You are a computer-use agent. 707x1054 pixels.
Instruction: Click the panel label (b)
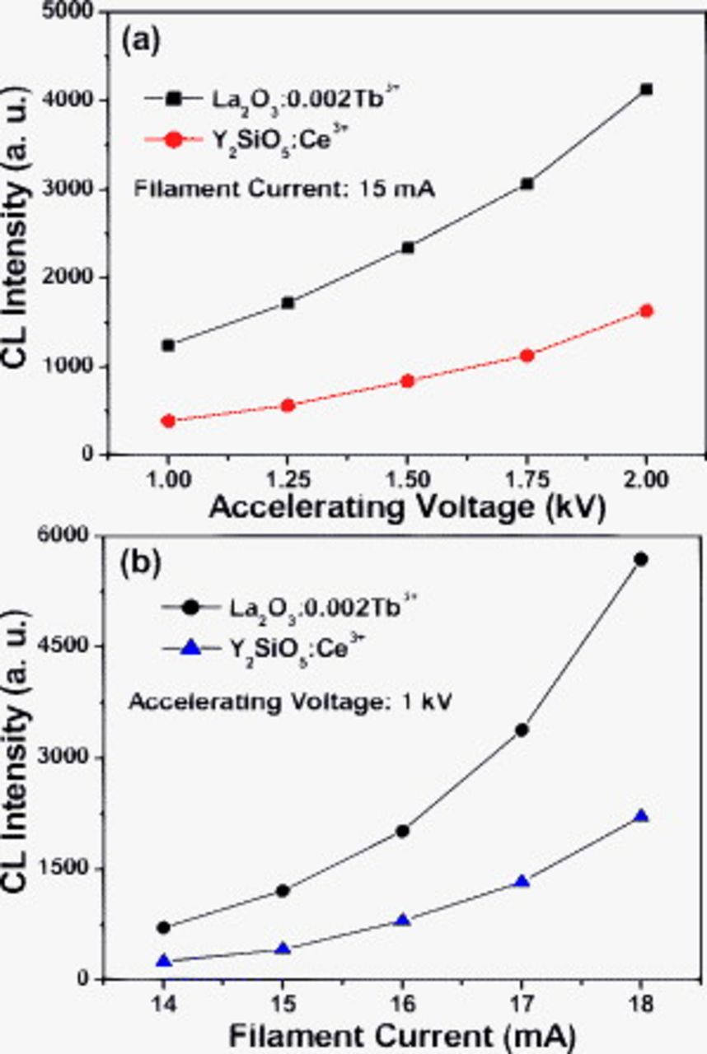141,564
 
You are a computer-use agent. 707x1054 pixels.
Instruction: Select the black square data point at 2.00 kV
646,89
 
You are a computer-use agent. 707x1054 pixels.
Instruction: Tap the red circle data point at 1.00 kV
168,421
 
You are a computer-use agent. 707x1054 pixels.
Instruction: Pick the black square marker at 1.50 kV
407,247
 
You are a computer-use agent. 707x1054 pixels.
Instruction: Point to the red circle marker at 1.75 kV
527,356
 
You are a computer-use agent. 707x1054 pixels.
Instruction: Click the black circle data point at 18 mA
640,559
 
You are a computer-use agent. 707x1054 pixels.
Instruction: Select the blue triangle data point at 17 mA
522,882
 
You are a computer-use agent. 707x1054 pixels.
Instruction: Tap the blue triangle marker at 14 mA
164,961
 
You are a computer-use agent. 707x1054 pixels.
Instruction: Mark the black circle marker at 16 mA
402,831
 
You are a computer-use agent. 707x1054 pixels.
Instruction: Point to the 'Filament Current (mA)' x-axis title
401,1033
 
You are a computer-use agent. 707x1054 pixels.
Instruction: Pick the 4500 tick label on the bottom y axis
73,646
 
